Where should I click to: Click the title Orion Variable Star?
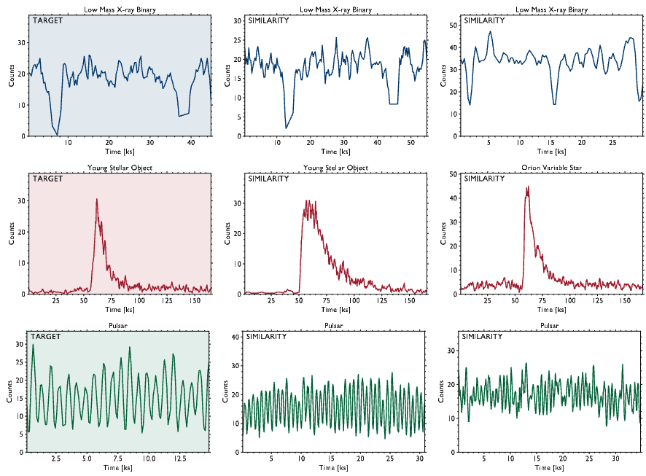[550, 168]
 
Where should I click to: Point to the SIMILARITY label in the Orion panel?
[483, 179]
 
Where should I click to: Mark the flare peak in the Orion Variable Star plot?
[527, 187]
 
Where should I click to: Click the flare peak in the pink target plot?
[96, 199]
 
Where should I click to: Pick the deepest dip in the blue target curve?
[57, 134]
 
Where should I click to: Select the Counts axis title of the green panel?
[9, 391]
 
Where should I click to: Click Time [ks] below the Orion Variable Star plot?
[550, 309]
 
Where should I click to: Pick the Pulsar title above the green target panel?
[119, 326]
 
